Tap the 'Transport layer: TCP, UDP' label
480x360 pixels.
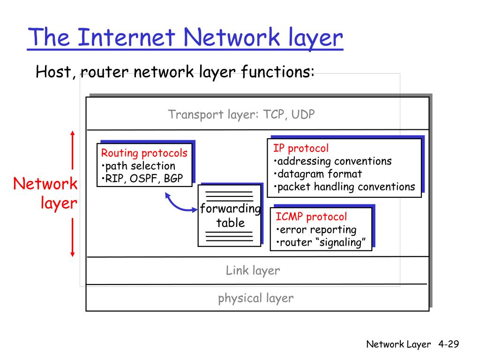coord(241,114)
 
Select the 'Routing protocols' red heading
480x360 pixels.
coord(144,153)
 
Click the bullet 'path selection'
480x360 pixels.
coord(140,165)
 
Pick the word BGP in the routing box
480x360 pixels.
coord(173,179)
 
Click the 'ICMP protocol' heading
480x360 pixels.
coord(311,217)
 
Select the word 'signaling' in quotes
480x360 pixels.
coord(343,242)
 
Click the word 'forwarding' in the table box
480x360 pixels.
coord(230,209)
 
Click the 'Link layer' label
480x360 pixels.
coord(253,270)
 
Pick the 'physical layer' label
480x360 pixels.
coord(256,298)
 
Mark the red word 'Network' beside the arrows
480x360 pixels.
coord(45,184)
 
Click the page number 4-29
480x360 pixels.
coord(449,345)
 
